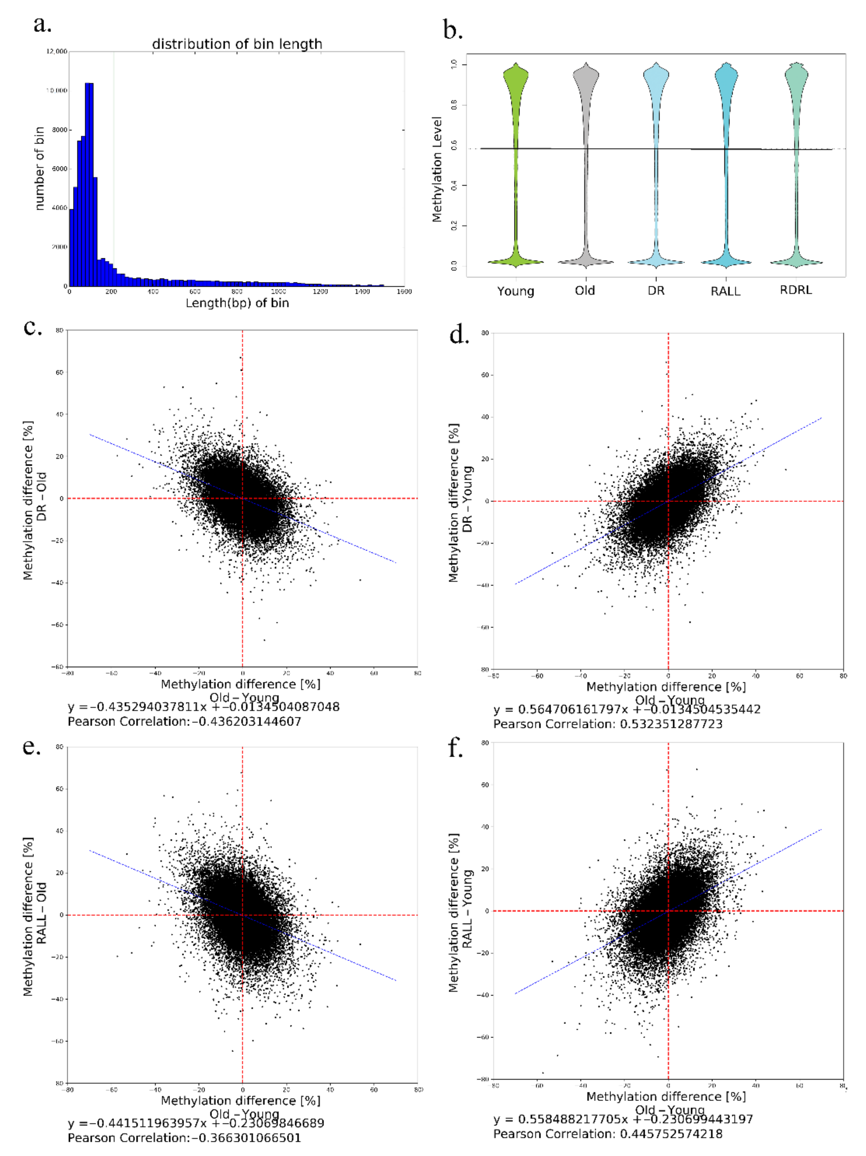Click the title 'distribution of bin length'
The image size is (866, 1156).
(x=237, y=44)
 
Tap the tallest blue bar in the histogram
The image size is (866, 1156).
(x=89, y=183)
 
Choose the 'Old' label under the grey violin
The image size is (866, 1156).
(x=585, y=291)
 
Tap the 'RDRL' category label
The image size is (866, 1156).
(x=796, y=290)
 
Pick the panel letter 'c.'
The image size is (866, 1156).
(x=33, y=328)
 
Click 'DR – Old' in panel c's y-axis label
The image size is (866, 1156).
(x=42, y=496)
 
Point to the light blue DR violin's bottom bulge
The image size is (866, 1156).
(x=656, y=261)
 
